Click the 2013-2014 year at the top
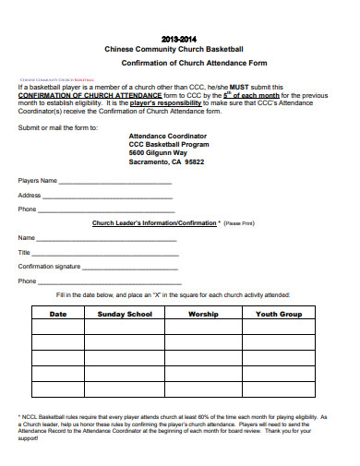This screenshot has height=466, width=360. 179,40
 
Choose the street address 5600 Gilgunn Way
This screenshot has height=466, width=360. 164,152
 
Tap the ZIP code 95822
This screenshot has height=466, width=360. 194,161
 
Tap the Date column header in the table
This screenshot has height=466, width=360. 58,315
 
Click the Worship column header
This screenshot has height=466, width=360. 203,315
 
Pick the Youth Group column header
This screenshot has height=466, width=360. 279,315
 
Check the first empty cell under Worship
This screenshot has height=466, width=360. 203,329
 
